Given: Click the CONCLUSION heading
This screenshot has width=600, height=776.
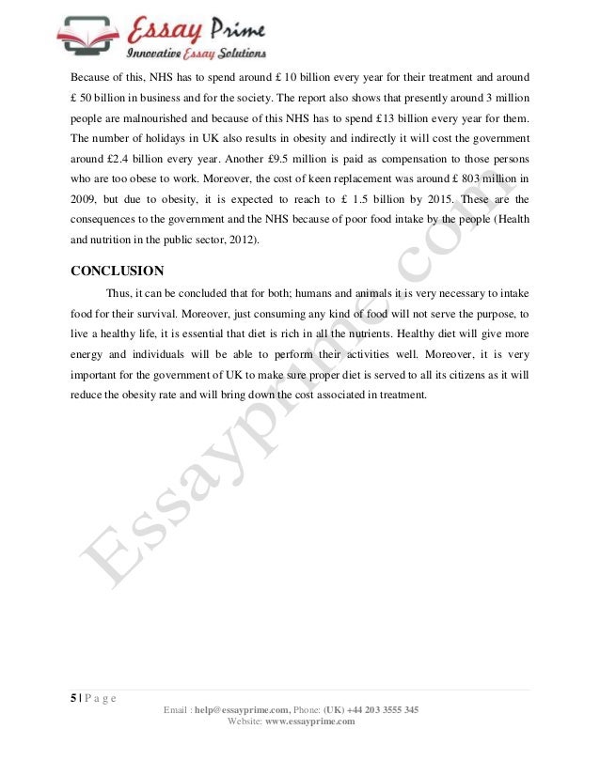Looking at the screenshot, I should [118, 272].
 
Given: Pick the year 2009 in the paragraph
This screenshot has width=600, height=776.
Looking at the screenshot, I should [85, 200].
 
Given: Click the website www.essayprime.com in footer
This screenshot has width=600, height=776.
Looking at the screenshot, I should [309, 721].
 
